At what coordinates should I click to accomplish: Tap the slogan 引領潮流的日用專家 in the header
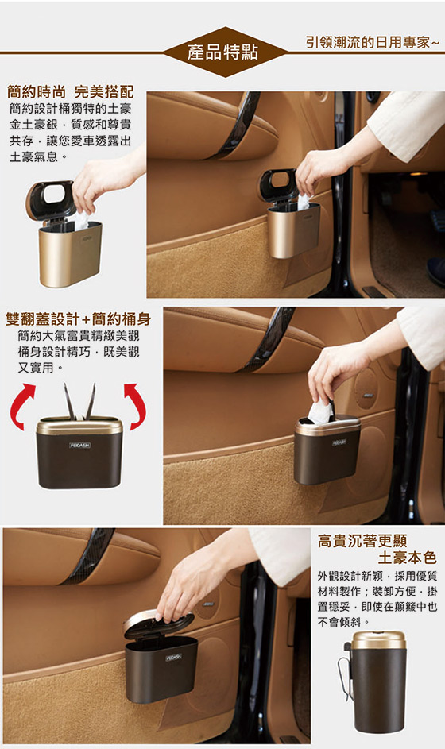point(372,42)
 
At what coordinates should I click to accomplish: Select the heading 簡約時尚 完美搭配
point(71,91)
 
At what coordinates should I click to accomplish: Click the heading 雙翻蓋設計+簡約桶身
point(79,319)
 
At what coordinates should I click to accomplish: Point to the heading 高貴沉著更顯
point(362,541)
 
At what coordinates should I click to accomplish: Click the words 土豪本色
point(407,558)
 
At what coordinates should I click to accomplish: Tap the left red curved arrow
point(21,406)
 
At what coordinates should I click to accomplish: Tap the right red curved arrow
point(136,405)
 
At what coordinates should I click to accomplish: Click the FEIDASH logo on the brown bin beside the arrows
point(79,446)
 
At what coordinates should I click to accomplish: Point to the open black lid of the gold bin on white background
point(50,199)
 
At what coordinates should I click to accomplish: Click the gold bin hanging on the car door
point(293,230)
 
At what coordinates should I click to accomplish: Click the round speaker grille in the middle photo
point(366,388)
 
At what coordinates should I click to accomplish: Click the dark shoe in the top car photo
point(436,271)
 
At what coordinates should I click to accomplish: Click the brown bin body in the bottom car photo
point(161,668)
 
